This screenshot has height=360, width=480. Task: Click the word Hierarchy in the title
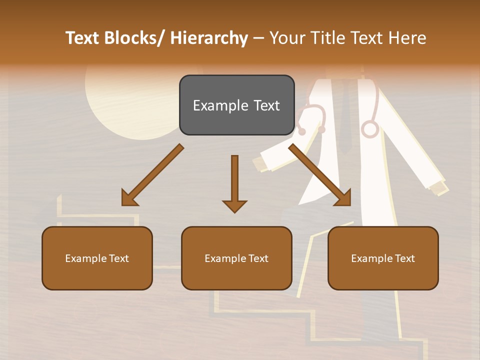208,38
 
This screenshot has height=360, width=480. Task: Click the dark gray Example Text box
236,105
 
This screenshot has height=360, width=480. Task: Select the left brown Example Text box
97,258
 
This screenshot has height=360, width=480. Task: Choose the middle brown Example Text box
236,258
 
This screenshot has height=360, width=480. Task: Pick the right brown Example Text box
383,258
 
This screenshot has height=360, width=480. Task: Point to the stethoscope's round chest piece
369,128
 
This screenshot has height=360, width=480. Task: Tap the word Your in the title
286,38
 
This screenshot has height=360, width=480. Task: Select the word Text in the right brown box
404,258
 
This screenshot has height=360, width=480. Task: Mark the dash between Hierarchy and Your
258,38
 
